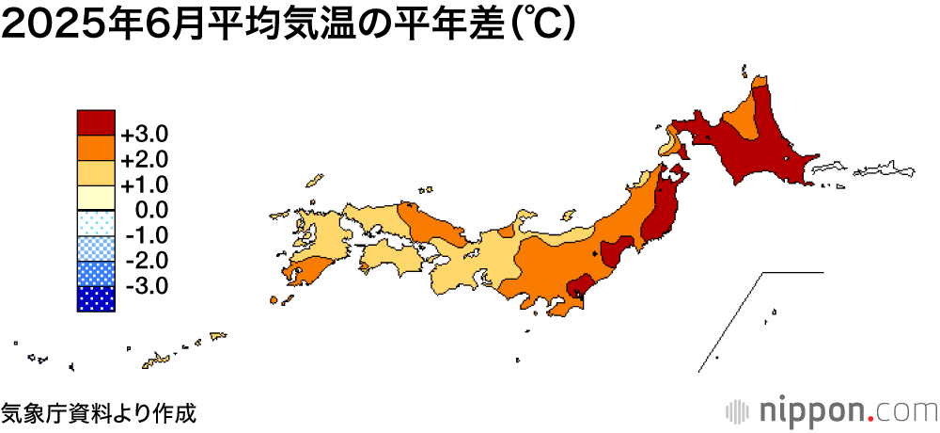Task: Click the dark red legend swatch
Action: tap(96, 123)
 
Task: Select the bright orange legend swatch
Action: tap(96, 149)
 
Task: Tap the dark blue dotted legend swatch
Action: tap(96, 298)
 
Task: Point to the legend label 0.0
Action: tap(151, 209)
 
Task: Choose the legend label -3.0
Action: tap(146, 285)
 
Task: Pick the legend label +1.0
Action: tap(144, 184)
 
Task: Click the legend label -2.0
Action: tap(146, 260)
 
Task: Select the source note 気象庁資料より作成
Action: tap(99, 412)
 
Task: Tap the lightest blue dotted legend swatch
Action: tap(96, 223)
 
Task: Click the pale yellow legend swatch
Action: tap(96, 198)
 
